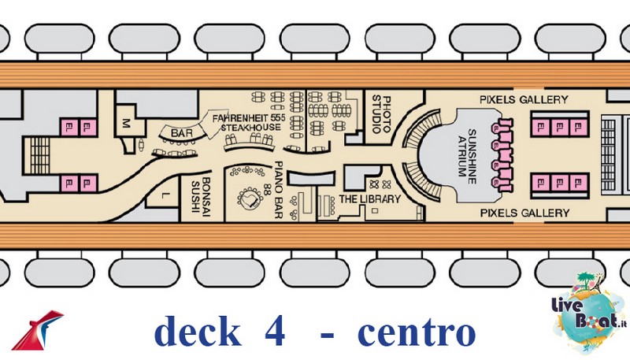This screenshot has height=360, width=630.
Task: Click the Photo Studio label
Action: [x=381, y=114]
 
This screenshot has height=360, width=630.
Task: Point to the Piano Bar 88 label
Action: [x=273, y=190]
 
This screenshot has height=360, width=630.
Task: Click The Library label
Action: [x=370, y=199]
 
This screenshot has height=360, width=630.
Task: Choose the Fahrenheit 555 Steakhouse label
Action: [x=249, y=123]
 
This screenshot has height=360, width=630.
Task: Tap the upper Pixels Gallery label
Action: [x=524, y=99]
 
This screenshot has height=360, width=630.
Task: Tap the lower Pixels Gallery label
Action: [x=524, y=213]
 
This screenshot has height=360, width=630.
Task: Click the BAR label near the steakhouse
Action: [x=182, y=133]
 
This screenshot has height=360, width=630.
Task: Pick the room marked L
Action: [x=164, y=195]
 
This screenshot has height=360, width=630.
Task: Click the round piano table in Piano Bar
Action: [x=250, y=198]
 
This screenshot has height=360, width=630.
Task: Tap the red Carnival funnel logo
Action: [x=37, y=330]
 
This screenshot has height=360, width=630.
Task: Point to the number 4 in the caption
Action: [x=275, y=332]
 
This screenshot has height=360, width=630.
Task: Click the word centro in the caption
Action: [x=417, y=332]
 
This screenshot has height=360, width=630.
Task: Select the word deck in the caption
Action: [x=198, y=330]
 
